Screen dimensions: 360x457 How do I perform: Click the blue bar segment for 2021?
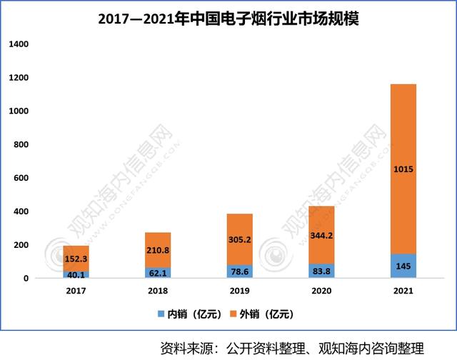403,266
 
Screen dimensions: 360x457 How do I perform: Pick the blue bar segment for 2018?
157,273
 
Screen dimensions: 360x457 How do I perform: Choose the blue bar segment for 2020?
321,271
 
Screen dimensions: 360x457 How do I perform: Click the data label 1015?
403,169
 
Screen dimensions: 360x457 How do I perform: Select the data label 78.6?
239,271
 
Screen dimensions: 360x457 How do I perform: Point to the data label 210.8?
157,250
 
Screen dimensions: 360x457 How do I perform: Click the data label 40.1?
76,274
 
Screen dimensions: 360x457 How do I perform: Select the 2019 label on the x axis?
239,291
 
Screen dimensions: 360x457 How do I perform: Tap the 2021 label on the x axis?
403,291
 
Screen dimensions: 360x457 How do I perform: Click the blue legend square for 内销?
160,314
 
